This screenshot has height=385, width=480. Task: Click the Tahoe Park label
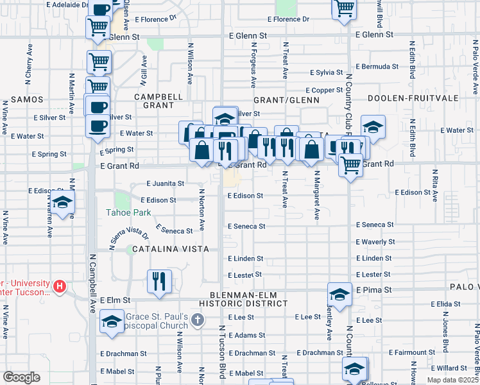tap(128, 212)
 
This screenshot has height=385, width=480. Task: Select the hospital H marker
tap(60, 286)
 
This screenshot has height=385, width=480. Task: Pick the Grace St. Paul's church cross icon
tap(199, 319)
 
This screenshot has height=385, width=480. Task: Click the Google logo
tap(21, 377)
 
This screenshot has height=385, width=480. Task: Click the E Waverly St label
tap(375, 242)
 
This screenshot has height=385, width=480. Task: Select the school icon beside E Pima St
tap(339, 295)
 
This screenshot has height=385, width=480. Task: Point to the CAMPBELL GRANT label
tap(154, 101)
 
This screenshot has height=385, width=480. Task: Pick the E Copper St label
tap(325, 90)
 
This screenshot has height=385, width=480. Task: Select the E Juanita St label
tap(165, 184)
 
